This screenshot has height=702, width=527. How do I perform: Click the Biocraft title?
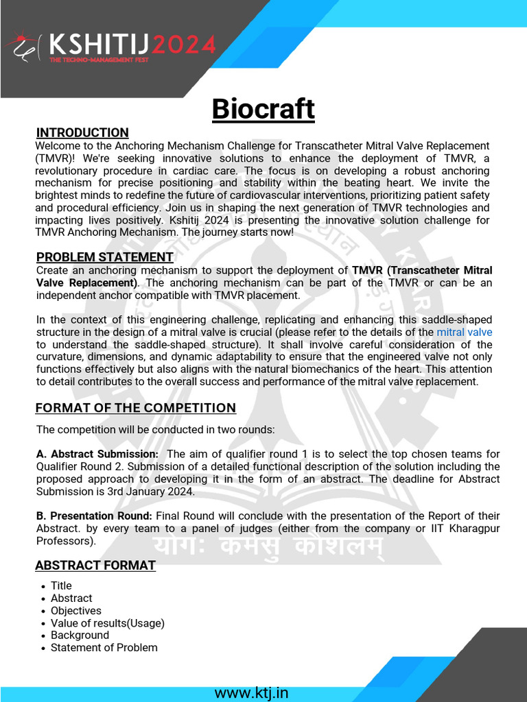tap(263, 109)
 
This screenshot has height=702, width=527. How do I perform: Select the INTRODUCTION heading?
tap(82, 132)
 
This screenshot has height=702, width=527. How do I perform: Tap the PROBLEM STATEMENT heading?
tap(104, 257)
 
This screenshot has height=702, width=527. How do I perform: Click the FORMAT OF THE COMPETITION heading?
tap(135, 408)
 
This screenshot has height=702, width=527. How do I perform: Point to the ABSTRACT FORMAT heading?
tap(95, 566)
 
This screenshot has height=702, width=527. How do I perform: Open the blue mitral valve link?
tap(464, 332)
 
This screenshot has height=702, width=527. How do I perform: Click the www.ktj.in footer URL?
tap(251, 692)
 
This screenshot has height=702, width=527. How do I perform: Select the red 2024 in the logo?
tap(184, 45)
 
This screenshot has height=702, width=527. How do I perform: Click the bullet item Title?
tap(61, 585)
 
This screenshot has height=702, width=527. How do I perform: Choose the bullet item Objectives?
tap(75, 610)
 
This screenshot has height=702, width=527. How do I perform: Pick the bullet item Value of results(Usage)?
tap(107, 623)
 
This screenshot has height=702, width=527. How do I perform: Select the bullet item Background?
tap(80, 635)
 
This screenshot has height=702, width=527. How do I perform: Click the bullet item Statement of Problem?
tap(104, 647)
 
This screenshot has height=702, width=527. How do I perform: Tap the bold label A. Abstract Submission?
tap(97, 454)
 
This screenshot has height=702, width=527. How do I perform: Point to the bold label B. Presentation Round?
tap(95, 516)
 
